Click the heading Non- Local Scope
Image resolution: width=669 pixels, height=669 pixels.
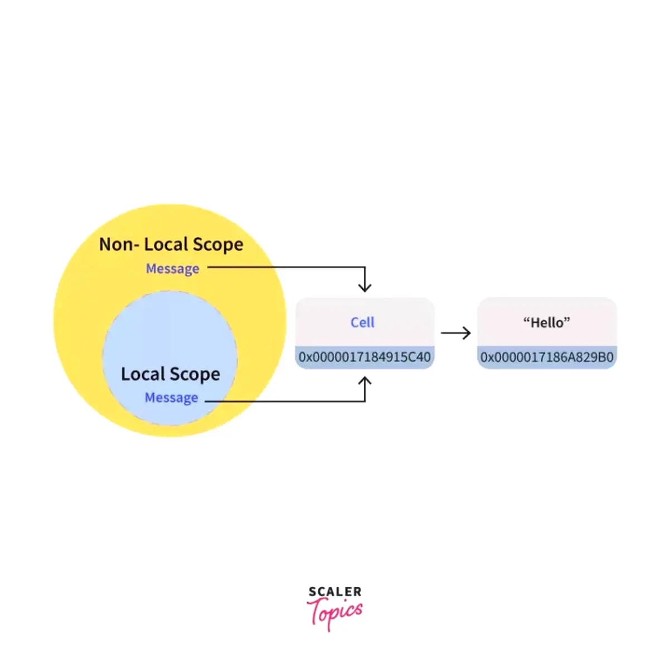pyautogui.click(x=171, y=245)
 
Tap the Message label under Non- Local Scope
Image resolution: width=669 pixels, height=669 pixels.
pyautogui.click(x=172, y=269)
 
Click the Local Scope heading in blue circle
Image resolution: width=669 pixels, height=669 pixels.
pyautogui.click(x=171, y=374)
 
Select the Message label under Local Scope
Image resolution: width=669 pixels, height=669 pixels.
pyautogui.click(x=171, y=398)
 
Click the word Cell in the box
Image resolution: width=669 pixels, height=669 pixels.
pyautogui.click(x=362, y=322)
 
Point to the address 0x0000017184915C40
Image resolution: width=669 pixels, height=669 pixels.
pyautogui.click(x=365, y=357)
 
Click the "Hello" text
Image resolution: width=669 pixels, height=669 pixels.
pyautogui.click(x=547, y=322)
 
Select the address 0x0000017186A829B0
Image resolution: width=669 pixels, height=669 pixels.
pyautogui.click(x=547, y=357)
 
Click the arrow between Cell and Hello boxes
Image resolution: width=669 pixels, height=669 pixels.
pyautogui.click(x=456, y=333)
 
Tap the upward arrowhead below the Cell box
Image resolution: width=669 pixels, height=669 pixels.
pyautogui.click(x=365, y=381)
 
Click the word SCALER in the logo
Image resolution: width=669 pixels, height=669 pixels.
pyautogui.click(x=335, y=592)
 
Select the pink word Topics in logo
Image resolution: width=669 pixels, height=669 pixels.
pyautogui.click(x=336, y=613)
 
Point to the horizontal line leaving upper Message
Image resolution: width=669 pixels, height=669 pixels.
pyautogui.click(x=284, y=267)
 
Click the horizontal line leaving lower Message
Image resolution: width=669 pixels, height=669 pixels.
pyautogui.click(x=284, y=401)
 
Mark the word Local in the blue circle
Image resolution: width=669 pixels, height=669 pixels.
pyautogui.click(x=143, y=374)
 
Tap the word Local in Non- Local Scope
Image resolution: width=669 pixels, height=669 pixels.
pyautogui.click(x=166, y=245)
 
